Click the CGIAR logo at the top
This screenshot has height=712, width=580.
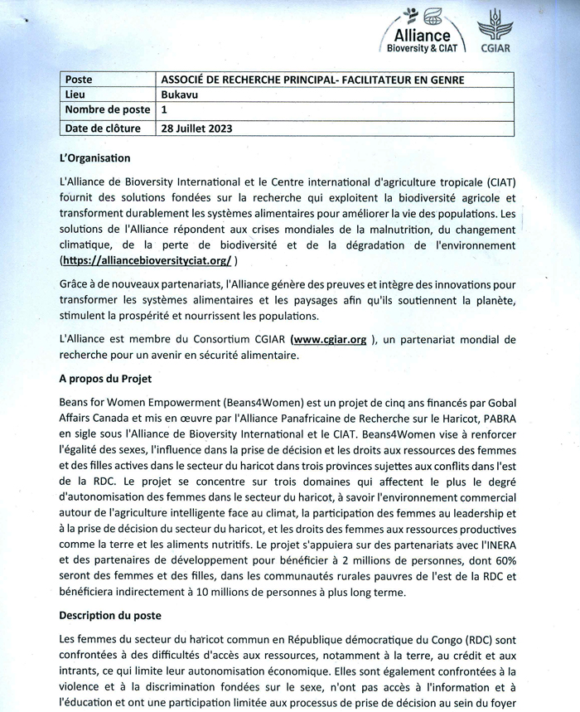tap(496, 31)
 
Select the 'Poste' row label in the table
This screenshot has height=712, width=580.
tap(79, 80)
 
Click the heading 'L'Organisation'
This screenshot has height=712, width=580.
tap(95, 157)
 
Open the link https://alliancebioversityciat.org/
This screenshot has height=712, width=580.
tap(146, 260)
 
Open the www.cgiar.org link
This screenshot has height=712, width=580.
tap(330, 340)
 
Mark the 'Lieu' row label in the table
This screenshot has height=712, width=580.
tap(75, 94)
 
